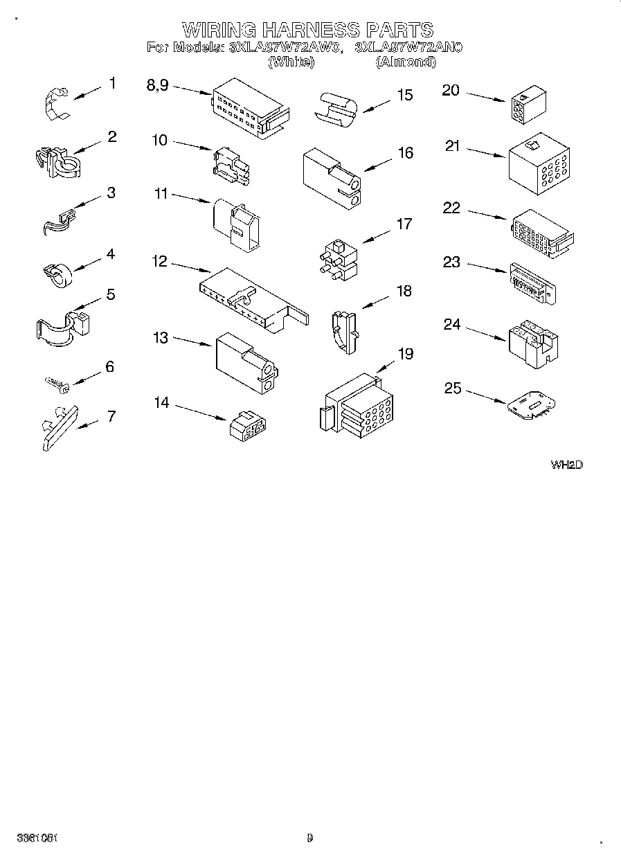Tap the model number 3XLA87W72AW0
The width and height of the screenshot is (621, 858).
pos(286,48)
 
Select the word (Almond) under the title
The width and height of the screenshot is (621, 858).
pos(406,62)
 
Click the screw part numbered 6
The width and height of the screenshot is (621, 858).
pos(55,383)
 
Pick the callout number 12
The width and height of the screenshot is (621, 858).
pos(160,262)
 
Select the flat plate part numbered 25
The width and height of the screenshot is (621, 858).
pos(530,406)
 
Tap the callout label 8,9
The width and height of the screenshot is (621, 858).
pos(158,85)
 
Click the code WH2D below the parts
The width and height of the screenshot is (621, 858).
pos(566,465)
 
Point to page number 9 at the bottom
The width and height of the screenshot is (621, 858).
pos(309,837)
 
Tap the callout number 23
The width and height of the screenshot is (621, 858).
pos(451,262)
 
